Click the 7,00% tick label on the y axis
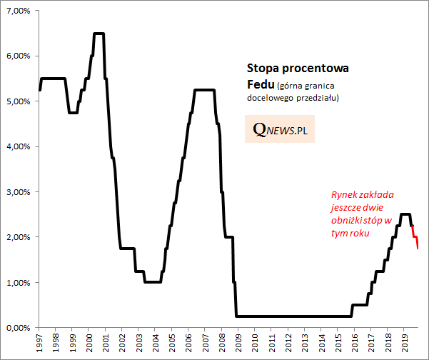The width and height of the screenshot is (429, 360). click(18, 11)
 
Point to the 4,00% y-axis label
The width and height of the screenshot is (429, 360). click(18, 146)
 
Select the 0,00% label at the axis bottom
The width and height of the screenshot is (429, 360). click(18, 328)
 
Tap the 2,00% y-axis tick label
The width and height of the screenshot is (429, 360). click(18, 237)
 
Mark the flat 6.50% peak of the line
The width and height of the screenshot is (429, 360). click(99, 34)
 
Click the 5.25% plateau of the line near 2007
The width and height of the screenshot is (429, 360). click(205, 90)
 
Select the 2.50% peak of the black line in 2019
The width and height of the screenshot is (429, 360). click(405, 214)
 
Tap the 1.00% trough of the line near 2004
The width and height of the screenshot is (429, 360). click(153, 282)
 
